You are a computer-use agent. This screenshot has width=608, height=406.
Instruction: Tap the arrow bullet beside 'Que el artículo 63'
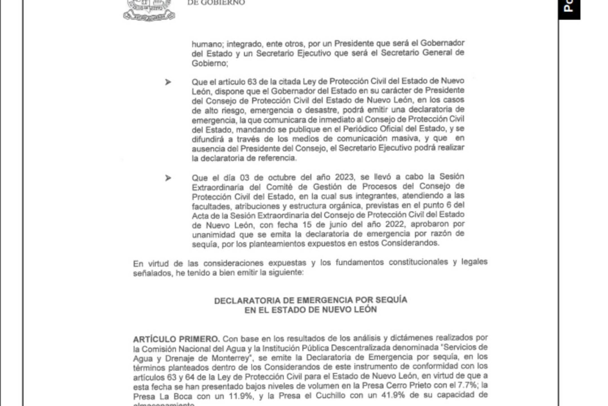tap(168, 82)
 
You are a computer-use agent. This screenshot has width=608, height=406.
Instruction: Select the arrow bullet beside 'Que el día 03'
tap(168, 178)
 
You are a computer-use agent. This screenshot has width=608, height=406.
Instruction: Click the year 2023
tap(344, 177)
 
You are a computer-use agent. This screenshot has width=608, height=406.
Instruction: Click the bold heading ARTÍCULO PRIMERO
tap(176, 339)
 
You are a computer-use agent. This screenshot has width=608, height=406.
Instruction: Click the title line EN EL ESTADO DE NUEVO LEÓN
tap(310, 310)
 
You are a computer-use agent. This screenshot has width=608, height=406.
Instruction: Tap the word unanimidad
tap(213, 235)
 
